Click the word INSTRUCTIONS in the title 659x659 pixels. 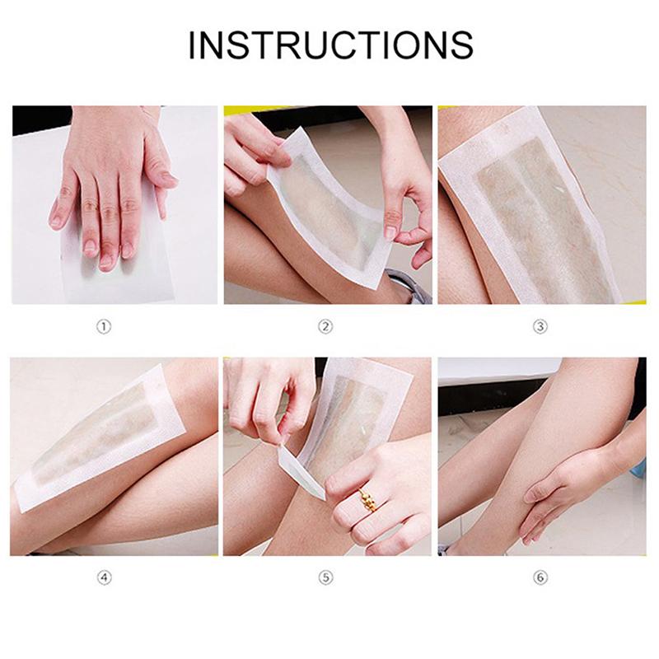(331, 44)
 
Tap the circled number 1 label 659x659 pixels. (104, 326)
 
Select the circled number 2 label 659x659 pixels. (325, 326)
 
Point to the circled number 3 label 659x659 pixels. (540, 326)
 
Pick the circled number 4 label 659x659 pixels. (105, 578)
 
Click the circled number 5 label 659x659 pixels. (325, 578)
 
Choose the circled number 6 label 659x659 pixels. (540, 578)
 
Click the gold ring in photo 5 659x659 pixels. (368, 500)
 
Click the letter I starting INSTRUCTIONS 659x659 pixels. (193, 44)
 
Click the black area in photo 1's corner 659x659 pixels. (40, 119)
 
